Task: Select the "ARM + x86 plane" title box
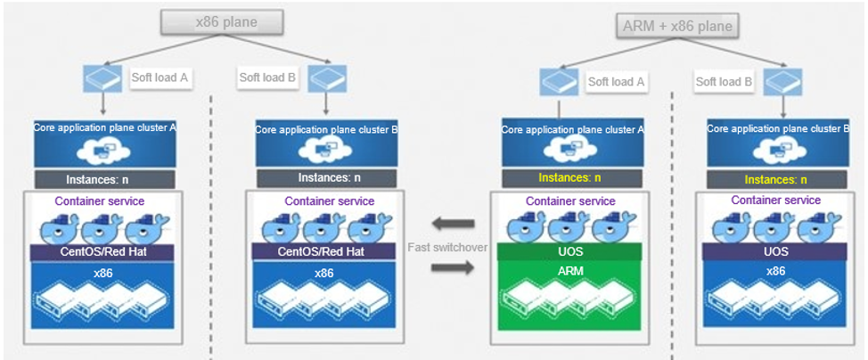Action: click(677, 25)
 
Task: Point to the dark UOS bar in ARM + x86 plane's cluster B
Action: click(775, 252)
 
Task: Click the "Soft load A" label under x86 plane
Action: click(160, 78)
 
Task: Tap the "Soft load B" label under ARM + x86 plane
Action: click(725, 81)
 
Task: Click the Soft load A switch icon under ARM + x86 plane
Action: click(559, 82)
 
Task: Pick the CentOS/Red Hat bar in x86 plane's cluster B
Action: click(322, 252)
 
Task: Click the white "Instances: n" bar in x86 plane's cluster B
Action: click(322, 178)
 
